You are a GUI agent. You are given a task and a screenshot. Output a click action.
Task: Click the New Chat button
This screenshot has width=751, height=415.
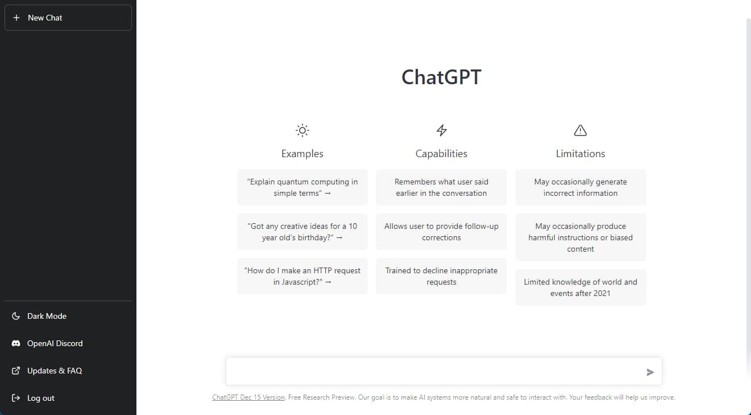[68, 18]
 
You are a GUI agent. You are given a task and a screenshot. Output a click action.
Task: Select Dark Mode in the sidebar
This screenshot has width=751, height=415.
[47, 316]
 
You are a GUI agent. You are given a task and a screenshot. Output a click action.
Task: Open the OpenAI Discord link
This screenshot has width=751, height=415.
[55, 343]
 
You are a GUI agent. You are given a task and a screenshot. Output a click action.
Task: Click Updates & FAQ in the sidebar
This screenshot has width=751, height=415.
[54, 371]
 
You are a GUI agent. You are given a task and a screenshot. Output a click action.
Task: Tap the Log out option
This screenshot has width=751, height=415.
[40, 398]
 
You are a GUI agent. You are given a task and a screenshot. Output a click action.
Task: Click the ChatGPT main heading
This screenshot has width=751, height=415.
[441, 77]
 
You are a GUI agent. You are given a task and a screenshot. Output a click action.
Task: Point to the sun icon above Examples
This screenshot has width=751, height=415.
[302, 130]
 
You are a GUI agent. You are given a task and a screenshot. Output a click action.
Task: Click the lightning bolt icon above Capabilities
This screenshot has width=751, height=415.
[441, 130]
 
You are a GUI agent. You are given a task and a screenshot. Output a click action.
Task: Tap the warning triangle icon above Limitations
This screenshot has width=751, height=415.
[580, 130]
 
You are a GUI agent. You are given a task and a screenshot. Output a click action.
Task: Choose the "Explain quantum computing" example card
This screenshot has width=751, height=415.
[302, 187]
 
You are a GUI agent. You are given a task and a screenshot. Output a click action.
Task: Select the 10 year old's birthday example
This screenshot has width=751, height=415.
[302, 232]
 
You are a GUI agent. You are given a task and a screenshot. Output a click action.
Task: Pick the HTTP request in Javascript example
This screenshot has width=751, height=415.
[302, 276]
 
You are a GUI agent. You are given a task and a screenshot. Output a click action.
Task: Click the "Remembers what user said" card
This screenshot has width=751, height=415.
[441, 187]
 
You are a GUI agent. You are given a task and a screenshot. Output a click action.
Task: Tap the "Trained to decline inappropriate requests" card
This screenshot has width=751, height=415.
[441, 276]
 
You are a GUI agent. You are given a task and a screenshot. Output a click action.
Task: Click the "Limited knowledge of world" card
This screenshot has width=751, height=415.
[580, 287]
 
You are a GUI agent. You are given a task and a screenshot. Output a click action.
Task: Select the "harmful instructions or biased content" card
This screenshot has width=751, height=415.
[580, 237]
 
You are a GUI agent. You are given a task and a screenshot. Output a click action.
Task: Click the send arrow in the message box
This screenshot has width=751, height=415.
[650, 372]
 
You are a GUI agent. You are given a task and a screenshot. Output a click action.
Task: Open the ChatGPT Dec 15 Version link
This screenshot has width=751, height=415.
[248, 397]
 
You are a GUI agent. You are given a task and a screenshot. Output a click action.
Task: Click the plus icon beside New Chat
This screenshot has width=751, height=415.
[16, 18]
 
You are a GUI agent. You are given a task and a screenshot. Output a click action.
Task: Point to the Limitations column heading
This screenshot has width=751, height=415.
[580, 154]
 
